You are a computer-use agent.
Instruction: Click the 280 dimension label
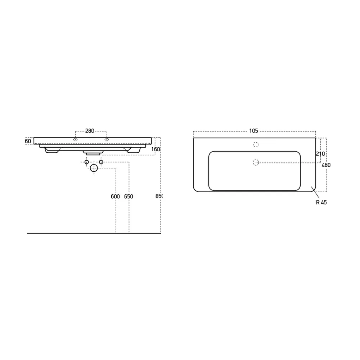[90, 131]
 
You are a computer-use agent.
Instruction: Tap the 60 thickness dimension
[28, 141]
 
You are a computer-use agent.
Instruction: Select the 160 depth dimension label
[156, 149]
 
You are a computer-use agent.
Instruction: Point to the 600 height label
[115, 197]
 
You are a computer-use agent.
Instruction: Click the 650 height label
[129, 197]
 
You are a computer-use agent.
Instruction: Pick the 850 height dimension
[159, 196]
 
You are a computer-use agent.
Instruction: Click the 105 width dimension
[254, 131]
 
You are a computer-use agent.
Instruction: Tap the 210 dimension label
[320, 154]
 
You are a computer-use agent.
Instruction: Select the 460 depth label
[326, 165]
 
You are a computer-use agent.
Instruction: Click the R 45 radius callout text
[321, 202]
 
